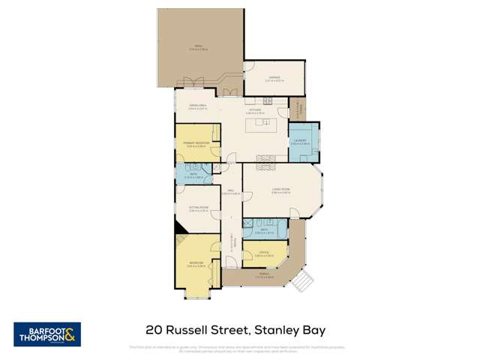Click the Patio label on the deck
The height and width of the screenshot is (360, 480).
click(x=199, y=47)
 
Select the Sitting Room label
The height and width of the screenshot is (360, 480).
click(x=197, y=208)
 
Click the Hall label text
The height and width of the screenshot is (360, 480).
click(x=232, y=191)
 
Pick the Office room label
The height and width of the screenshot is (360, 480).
click(x=263, y=253)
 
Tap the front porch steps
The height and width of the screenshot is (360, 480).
click(x=302, y=282)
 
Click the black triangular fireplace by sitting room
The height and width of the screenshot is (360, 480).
click(x=178, y=227)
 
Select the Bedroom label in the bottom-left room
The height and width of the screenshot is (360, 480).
click(x=196, y=262)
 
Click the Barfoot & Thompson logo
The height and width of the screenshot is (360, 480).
click(x=46, y=334)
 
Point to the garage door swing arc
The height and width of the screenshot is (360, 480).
click(x=249, y=67)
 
